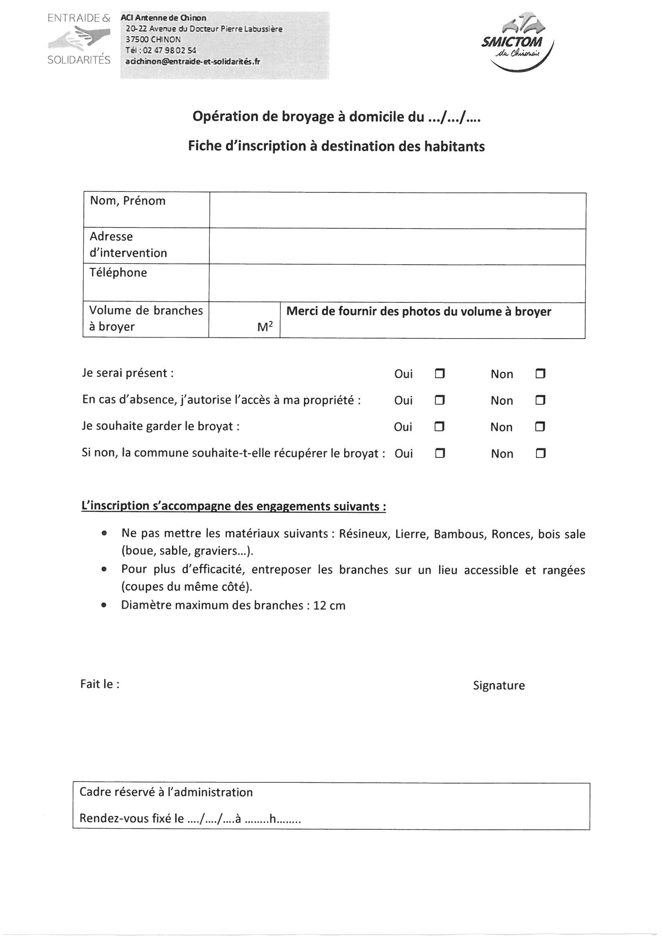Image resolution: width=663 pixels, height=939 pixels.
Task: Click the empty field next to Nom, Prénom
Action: tap(397, 210)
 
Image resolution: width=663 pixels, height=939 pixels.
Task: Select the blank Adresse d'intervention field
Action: tap(397, 246)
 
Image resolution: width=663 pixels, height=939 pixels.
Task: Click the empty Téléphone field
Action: tap(397, 283)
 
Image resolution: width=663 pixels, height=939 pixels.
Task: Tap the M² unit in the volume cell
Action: tap(265, 327)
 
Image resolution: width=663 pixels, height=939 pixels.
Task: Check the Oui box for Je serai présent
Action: tap(440, 374)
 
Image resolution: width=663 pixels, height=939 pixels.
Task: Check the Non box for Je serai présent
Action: tap(540, 374)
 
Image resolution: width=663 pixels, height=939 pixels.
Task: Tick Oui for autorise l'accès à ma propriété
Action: tap(440, 400)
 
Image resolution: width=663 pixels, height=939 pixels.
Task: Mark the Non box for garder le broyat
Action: tap(540, 427)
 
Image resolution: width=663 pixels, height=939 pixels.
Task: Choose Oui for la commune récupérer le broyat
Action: tap(440, 453)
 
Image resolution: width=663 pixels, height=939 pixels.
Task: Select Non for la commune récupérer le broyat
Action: tap(540, 453)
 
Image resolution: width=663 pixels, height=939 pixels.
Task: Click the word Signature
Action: tap(499, 686)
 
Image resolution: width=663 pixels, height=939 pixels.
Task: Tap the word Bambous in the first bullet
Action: tap(460, 534)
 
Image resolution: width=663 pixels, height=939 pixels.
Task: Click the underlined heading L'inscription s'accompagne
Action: tap(234, 506)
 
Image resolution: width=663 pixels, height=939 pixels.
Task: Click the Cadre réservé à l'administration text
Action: tap(166, 792)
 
